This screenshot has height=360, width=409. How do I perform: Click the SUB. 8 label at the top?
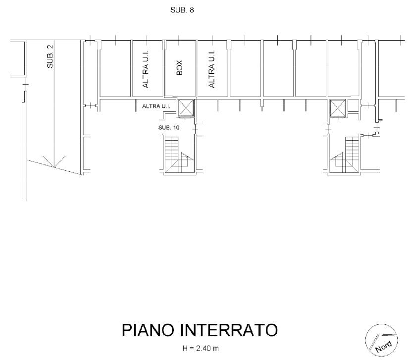click(182, 10)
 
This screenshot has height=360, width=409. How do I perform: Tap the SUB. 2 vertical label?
click(50, 56)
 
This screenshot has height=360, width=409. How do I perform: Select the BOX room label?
click(179, 68)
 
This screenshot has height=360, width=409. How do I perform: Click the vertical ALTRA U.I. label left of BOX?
click(146, 69)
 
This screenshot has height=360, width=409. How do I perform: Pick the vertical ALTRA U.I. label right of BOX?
click(212, 69)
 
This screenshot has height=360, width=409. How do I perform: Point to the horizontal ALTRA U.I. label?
click(156, 106)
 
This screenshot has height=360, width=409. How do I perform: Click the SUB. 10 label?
click(169, 128)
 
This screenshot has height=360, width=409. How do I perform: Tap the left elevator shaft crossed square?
click(186, 108)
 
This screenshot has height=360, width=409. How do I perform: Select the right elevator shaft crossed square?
click(338, 108)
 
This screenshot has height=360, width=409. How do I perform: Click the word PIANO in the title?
click(148, 330)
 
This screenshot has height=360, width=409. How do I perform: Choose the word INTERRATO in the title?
click(229, 330)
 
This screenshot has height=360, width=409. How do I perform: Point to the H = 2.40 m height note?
click(201, 348)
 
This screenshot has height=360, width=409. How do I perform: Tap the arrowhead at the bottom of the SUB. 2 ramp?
click(54, 167)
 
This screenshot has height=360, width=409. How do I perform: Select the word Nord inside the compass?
click(383, 347)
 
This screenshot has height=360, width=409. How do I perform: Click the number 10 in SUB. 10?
click(176, 128)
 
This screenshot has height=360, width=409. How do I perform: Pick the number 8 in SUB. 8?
click(192, 10)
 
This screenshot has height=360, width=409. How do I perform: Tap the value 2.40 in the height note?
click(204, 348)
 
